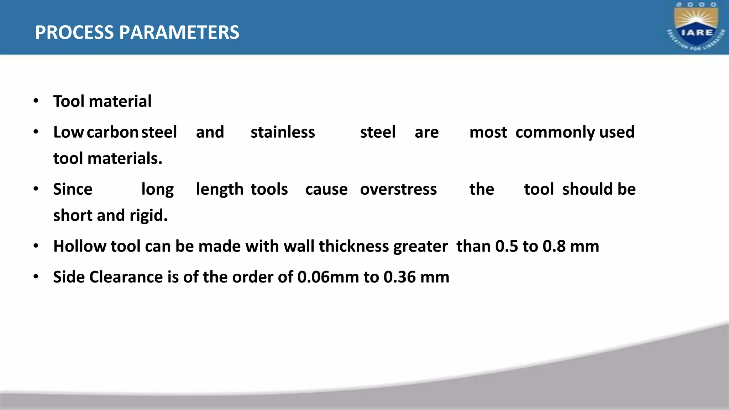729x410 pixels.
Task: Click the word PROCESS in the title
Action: [74, 32]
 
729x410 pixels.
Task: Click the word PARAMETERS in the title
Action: [179, 32]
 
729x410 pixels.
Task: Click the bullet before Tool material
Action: [36, 101]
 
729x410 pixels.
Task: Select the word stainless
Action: [283, 132]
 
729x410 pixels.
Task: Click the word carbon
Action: [112, 132]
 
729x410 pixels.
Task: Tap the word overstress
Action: [398, 189]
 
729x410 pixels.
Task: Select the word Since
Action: [73, 189]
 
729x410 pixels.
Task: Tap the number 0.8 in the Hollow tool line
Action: [554, 246]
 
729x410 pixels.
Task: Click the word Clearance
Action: [126, 277]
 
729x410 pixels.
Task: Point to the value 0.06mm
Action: [328, 277]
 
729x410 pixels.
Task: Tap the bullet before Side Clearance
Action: [36, 277]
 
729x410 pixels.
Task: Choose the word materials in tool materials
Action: [125, 158]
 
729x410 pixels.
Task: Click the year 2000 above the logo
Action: [696, 5]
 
